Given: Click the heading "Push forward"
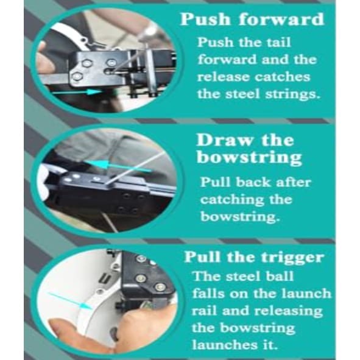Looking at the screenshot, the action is (x=252, y=19).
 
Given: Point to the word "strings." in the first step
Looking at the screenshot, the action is (x=292, y=94).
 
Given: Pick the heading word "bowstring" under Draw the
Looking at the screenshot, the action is (x=249, y=158).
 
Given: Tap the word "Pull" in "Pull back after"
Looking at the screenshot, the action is (x=215, y=182).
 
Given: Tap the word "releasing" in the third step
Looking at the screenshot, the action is (x=288, y=311).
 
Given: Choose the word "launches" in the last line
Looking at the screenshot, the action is (x=225, y=345).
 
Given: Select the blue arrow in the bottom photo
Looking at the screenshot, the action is (x=70, y=300).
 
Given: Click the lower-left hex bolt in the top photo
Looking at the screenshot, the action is (x=77, y=77).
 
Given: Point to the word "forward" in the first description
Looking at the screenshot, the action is (x=227, y=60).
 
